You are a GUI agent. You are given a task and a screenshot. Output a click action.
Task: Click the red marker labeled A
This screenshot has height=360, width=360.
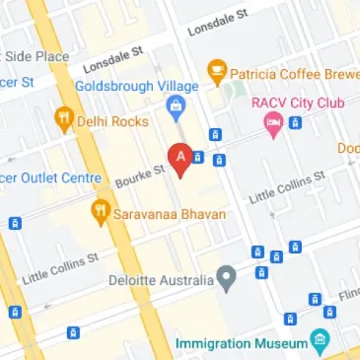[x=180, y=158]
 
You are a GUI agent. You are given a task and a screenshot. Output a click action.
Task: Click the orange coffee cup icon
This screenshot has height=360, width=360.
[x=216, y=71]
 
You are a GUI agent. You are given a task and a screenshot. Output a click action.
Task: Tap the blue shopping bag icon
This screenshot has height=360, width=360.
[x=177, y=108]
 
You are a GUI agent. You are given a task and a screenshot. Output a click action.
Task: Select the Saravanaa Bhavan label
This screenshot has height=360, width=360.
[x=169, y=213]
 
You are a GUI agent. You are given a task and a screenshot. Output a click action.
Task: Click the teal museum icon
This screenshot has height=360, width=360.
[x=319, y=342]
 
